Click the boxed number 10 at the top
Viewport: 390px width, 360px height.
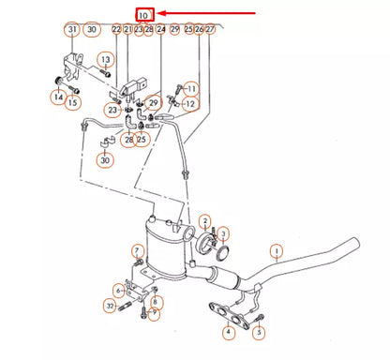click(x=142, y=14)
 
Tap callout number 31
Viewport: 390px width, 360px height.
click(x=72, y=30)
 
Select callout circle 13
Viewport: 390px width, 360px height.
click(x=105, y=60)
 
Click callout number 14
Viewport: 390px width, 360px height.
click(x=58, y=96)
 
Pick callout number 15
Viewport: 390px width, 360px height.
click(x=73, y=102)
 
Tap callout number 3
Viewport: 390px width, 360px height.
click(x=224, y=233)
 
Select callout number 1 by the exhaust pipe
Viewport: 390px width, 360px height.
click(x=277, y=250)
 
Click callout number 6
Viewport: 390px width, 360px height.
click(x=119, y=291)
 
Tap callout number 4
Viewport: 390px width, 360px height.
click(x=228, y=332)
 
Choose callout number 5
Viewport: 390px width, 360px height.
click(x=260, y=332)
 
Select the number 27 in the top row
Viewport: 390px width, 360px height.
click(x=210, y=30)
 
